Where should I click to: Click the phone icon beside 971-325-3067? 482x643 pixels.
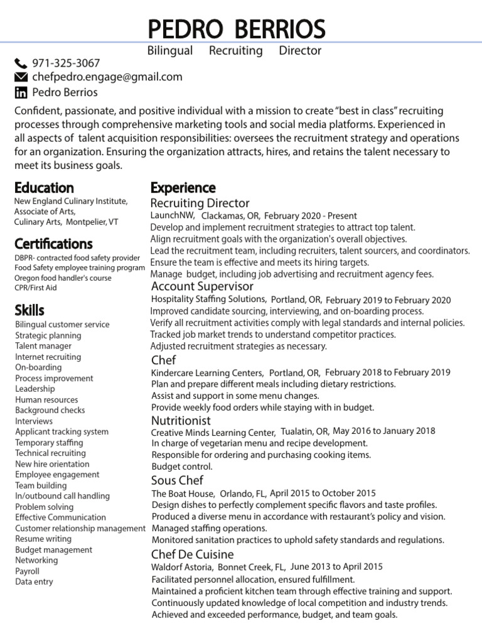click(x=21, y=63)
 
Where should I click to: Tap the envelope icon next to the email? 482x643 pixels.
click(x=21, y=77)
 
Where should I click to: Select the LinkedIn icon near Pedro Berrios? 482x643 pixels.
click(x=21, y=93)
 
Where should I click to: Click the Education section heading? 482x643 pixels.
click(x=44, y=188)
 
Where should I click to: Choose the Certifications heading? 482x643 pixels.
click(x=53, y=244)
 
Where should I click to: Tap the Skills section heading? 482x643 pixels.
click(x=29, y=310)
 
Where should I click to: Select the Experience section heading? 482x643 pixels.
click(x=183, y=188)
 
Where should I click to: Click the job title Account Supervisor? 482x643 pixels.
click(x=203, y=286)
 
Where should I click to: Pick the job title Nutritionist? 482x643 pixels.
click(x=181, y=420)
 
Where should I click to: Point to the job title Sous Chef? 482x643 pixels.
click(x=178, y=480)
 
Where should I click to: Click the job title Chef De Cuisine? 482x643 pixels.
click(x=192, y=554)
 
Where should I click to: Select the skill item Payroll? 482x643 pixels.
click(x=27, y=571)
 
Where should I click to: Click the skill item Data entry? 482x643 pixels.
click(x=34, y=582)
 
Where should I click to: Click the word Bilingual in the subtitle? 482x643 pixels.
click(x=169, y=51)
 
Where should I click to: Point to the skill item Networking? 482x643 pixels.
click(x=36, y=561)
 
